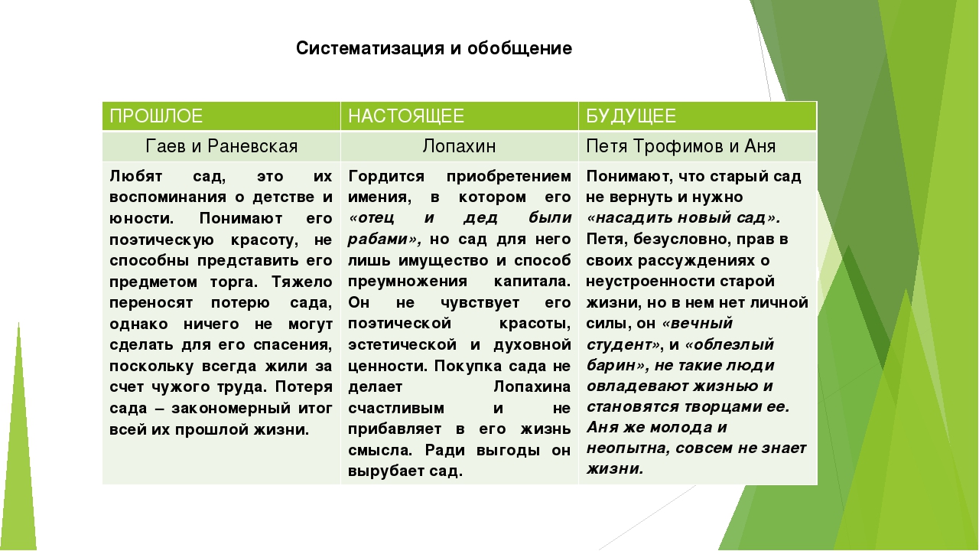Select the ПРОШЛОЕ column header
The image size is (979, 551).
click(x=156, y=116)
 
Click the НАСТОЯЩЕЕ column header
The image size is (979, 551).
click(x=406, y=116)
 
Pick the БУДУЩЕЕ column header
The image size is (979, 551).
click(x=631, y=116)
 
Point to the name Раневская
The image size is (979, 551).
click(x=252, y=146)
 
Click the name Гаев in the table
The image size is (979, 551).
click(x=166, y=146)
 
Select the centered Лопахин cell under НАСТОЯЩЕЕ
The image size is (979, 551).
click(x=459, y=146)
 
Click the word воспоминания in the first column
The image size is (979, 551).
click(x=168, y=197)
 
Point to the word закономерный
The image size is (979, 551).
click(x=231, y=409)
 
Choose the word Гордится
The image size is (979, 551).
click(x=386, y=177)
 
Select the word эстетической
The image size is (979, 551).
click(x=402, y=344)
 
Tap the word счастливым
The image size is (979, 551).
click(x=396, y=409)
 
